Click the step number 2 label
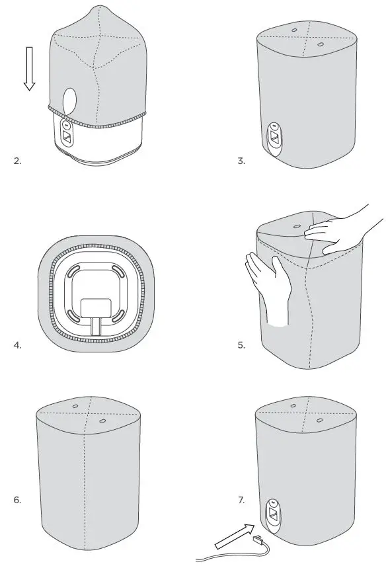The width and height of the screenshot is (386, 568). [x=17, y=161]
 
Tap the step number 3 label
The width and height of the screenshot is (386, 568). [x=241, y=161]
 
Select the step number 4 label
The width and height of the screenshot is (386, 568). [x=17, y=345]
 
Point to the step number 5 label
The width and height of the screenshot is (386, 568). [x=241, y=345]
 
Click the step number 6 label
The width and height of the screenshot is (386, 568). [x=17, y=500]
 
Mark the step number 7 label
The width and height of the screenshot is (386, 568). [x=241, y=500]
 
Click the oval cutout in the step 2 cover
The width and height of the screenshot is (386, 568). [x=69, y=101]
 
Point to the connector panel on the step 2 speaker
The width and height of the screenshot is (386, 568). [x=67, y=132]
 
